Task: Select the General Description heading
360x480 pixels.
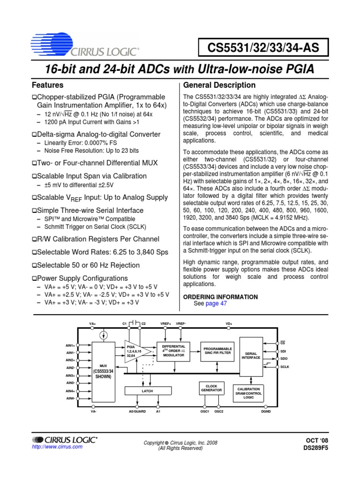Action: coord(219,85)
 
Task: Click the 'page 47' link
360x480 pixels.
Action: coord(217,303)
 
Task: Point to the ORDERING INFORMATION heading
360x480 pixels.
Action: coord(220,297)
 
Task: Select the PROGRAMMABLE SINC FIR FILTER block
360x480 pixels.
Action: coord(217,351)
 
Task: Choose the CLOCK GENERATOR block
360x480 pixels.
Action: coord(211,388)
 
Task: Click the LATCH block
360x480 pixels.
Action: coord(148,390)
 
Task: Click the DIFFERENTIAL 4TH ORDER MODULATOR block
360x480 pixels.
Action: coord(173,351)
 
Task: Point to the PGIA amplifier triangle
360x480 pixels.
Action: coord(136,351)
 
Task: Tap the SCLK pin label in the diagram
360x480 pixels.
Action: coord(285,367)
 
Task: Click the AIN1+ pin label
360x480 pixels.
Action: coord(70,345)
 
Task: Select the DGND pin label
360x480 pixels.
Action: coord(266,411)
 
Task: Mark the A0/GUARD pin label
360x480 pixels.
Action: coord(137,411)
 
